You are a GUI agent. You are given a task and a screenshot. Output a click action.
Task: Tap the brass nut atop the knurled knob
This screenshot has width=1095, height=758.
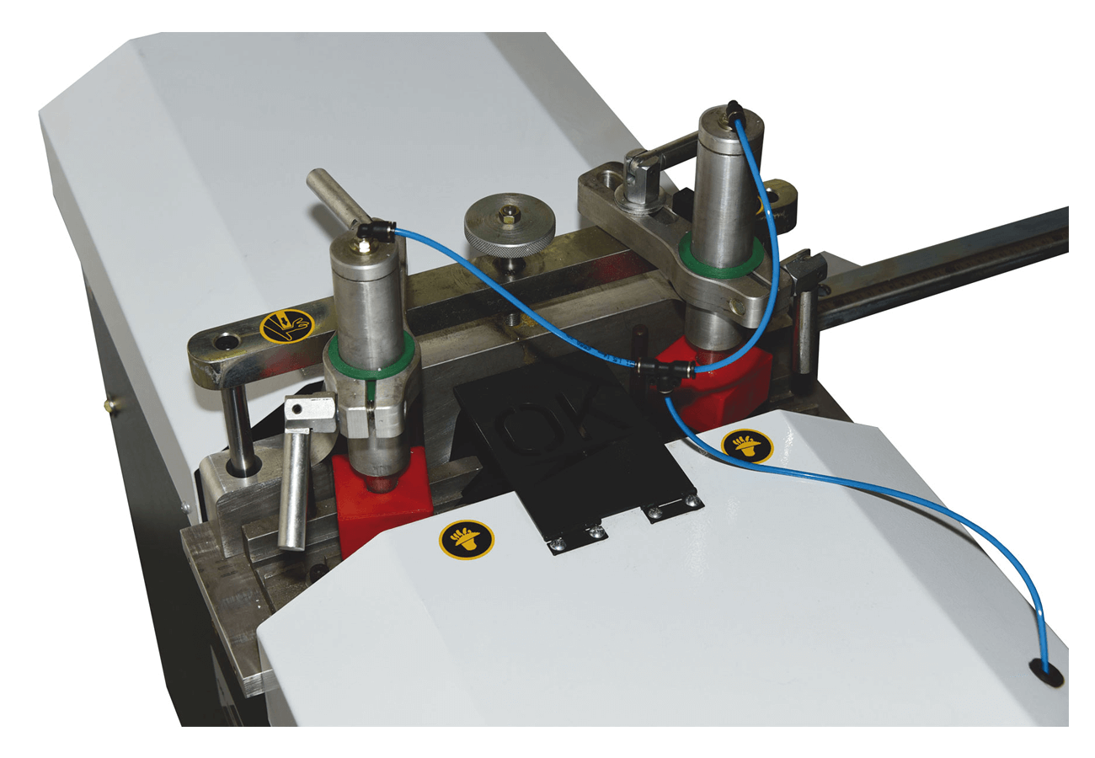(x=510, y=214)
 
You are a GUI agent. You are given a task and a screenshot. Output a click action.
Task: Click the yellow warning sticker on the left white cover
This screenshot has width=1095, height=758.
(x=467, y=539)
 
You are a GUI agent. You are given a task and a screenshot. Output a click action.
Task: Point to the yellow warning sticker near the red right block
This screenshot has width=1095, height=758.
(x=747, y=446)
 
